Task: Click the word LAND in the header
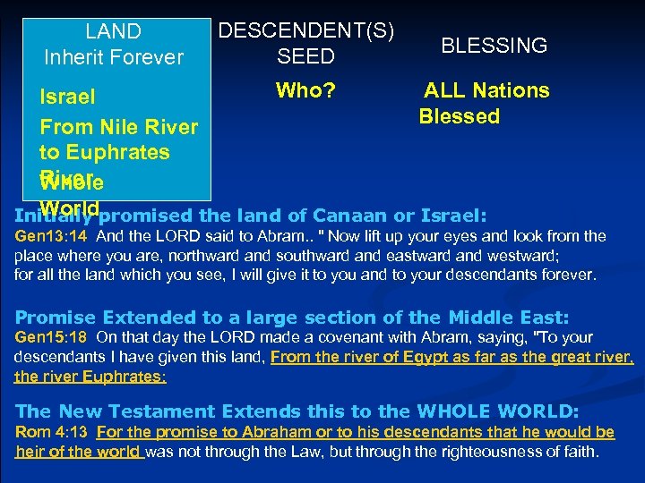(x=113, y=32)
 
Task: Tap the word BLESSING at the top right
(x=494, y=46)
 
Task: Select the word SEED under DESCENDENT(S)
(x=305, y=57)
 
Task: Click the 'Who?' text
(x=305, y=90)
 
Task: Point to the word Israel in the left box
(x=67, y=96)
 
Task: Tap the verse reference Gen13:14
(x=51, y=237)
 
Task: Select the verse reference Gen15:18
(x=51, y=337)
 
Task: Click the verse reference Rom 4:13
(x=52, y=433)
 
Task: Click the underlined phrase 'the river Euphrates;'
(x=90, y=377)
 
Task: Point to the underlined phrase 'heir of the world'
(x=79, y=452)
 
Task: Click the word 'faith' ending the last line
(x=579, y=452)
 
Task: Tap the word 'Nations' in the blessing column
(x=512, y=90)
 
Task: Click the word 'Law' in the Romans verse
(x=306, y=452)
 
